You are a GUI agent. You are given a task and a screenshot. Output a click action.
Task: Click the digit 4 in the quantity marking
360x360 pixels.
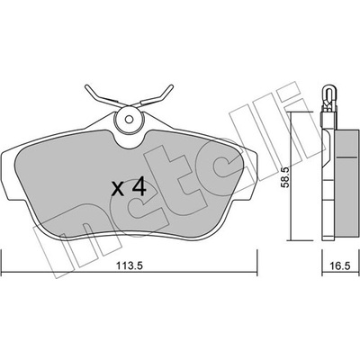pos(139,186)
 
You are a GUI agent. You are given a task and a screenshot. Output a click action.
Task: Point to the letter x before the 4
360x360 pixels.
pos(117,189)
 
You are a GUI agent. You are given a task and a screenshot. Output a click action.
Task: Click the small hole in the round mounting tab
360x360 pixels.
pos(129,119)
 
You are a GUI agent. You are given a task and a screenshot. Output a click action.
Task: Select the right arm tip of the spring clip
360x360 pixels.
pos(171,87)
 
